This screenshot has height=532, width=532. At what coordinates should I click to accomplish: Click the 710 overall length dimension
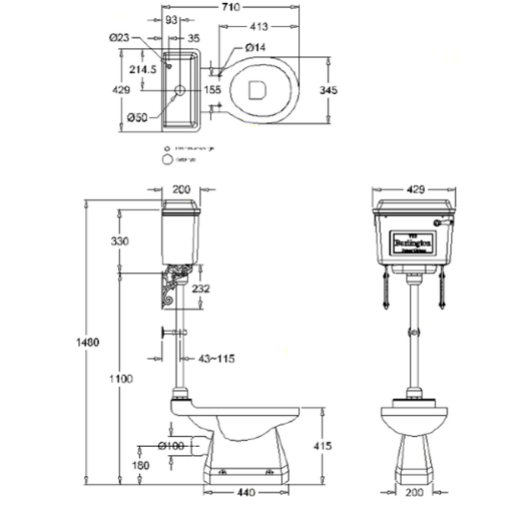pyautogui.click(x=230, y=7)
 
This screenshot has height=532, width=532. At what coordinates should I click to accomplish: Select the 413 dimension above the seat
pyautogui.click(x=258, y=27)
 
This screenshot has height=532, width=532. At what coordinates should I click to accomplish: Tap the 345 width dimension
pyautogui.click(x=328, y=90)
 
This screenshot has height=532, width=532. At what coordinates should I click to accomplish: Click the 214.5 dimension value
pyautogui.click(x=143, y=69)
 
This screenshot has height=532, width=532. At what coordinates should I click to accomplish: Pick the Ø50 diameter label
pyautogui.click(x=137, y=116)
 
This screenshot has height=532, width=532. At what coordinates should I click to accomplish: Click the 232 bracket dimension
pyautogui.click(x=201, y=289)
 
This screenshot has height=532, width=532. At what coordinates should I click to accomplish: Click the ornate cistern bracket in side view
pyautogui.click(x=174, y=289)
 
